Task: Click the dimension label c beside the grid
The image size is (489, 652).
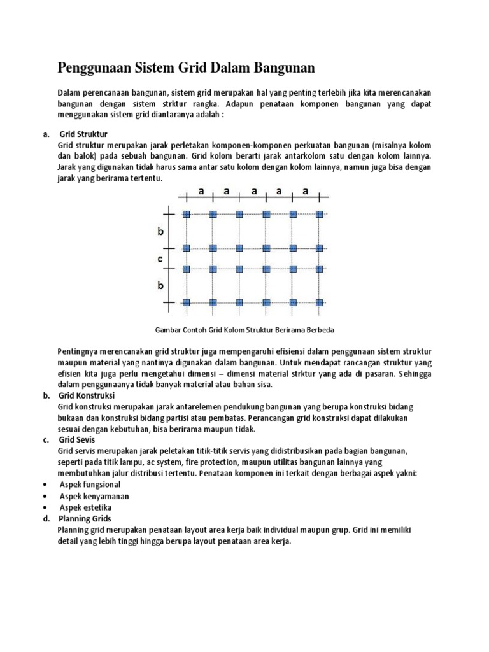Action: click(160, 259)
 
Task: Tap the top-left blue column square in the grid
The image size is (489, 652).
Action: click(187, 215)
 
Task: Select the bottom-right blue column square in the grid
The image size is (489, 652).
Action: click(319, 302)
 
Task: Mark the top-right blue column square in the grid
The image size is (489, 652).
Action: click(319, 215)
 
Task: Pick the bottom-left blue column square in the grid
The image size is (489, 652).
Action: click(187, 302)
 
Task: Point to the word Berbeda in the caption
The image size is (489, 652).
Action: click(320, 330)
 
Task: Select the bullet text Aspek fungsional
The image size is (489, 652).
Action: click(90, 485)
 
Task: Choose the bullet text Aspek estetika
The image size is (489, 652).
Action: click(86, 507)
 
